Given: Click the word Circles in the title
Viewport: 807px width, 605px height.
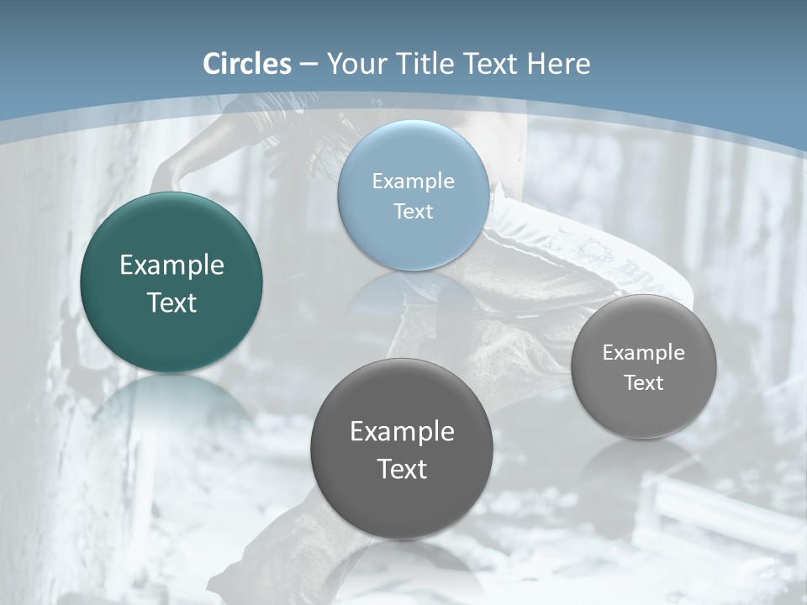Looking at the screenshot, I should tap(247, 64).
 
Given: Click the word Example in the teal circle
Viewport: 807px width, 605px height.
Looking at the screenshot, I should tap(171, 265).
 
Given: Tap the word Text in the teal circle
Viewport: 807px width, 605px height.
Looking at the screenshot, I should tap(171, 302).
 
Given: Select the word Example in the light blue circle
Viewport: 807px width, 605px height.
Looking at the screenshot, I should tap(413, 181).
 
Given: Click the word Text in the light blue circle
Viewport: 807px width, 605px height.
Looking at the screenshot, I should tap(413, 211).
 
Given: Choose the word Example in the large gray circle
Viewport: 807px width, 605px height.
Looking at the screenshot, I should tap(402, 431).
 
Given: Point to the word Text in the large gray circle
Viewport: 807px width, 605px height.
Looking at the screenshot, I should tap(402, 469).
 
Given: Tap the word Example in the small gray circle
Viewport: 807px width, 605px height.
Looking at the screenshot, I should tap(644, 352).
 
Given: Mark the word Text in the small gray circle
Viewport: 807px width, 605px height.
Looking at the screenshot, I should tap(644, 382).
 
